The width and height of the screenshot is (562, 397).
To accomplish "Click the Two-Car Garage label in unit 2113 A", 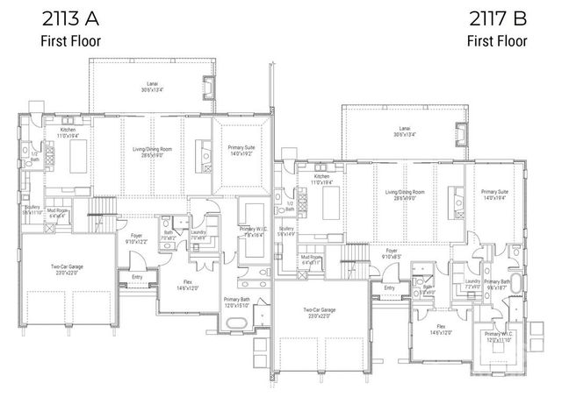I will click(67, 268).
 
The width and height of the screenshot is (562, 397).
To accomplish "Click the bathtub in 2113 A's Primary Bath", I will click(236, 323).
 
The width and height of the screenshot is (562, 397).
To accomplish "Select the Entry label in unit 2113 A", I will click(136, 277).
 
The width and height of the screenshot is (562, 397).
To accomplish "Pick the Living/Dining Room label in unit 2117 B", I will click(405, 194).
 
